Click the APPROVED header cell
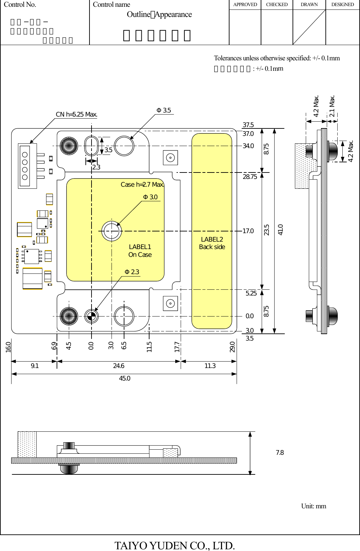pyautogui.click(x=245, y=5)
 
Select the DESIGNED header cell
pyautogui.click(x=342, y=5)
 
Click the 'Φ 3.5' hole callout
pyautogui.click(x=164, y=110)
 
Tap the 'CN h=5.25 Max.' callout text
pyautogui.click(x=77, y=115)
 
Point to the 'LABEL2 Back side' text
pyautogui.click(x=212, y=243)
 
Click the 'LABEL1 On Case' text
pyautogui.click(x=140, y=251)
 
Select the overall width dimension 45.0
pyautogui.click(x=124, y=379)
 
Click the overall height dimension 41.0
pyautogui.click(x=280, y=230)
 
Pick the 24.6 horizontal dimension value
pyautogui.click(x=119, y=366)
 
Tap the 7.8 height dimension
pyautogui.click(x=280, y=453)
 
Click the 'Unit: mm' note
pyautogui.click(x=314, y=506)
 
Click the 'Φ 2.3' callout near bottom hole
pyautogui.click(x=132, y=272)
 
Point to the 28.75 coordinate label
pyautogui.click(x=250, y=177)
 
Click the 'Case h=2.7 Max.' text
pyautogui.click(x=142, y=185)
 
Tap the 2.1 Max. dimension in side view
pyautogui.click(x=332, y=106)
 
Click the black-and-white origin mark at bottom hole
pyautogui.click(x=91, y=317)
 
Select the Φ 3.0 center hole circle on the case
pyautogui.click(x=112, y=231)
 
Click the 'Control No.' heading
pyautogui.click(x=20, y=5)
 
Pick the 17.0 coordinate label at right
pyautogui.click(x=248, y=231)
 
